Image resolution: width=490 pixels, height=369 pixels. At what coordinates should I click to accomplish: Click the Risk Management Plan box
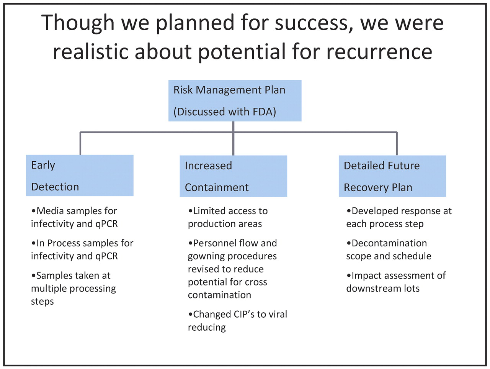pos(235,100)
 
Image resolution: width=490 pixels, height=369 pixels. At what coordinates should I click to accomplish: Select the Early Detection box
pos(80,175)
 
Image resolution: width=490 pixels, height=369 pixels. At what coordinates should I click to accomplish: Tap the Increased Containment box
pos(233,176)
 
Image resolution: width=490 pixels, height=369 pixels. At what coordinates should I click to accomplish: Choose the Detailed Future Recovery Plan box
pos(392,176)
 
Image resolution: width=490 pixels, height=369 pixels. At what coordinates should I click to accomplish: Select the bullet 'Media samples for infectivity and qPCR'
pos(74,217)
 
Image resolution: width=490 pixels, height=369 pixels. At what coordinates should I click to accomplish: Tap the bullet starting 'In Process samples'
pos(82,249)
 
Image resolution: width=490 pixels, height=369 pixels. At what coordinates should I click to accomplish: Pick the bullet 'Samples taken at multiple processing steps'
pos(73,289)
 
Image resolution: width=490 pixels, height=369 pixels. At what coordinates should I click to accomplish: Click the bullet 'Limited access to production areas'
pos(228,217)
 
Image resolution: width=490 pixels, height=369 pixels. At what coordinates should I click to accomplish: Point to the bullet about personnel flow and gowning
pos(232,269)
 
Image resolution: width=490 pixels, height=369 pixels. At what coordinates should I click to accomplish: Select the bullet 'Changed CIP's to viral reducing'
pos(237,321)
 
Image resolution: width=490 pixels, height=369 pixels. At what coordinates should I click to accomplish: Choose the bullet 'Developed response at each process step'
pos(399,217)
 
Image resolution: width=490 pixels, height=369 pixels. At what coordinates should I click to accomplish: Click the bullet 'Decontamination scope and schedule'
pos(389,249)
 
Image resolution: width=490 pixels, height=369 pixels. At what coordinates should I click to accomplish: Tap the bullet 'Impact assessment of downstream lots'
pos(396,282)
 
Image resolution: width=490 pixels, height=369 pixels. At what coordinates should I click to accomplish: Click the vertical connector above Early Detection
pos(80,143)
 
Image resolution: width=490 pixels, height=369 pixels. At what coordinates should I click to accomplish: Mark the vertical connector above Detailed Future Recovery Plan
pos(397,143)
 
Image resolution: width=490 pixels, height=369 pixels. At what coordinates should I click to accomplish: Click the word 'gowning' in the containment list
pos(205,256)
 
